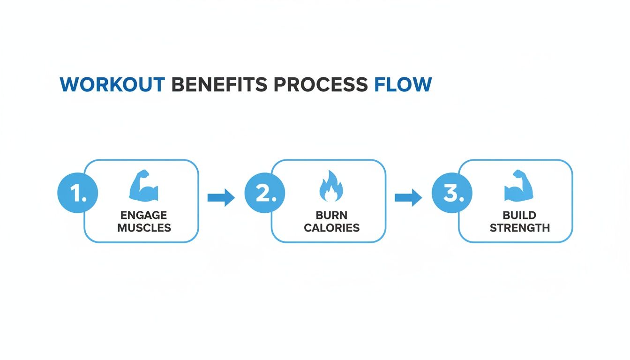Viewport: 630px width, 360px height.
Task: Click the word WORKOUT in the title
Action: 112,84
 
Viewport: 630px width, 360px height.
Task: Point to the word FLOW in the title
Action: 403,84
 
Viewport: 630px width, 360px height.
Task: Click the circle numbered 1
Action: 77,193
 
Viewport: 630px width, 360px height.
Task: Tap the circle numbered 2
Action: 264,193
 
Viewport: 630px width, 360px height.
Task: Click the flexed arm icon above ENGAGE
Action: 143,186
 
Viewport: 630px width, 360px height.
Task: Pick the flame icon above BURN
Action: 331,186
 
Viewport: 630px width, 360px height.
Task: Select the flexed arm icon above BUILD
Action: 518,186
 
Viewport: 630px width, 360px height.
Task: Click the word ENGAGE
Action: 143,215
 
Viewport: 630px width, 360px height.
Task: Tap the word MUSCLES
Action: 144,228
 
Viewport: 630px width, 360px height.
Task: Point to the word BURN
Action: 331,215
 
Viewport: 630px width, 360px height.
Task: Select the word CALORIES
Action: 331,228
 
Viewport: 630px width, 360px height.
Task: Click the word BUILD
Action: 519,215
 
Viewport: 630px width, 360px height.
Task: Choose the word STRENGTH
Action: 519,228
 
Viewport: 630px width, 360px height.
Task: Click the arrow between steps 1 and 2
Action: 221,198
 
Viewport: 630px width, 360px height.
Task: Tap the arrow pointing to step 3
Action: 408,198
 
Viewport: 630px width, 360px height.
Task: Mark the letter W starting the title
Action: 70,84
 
